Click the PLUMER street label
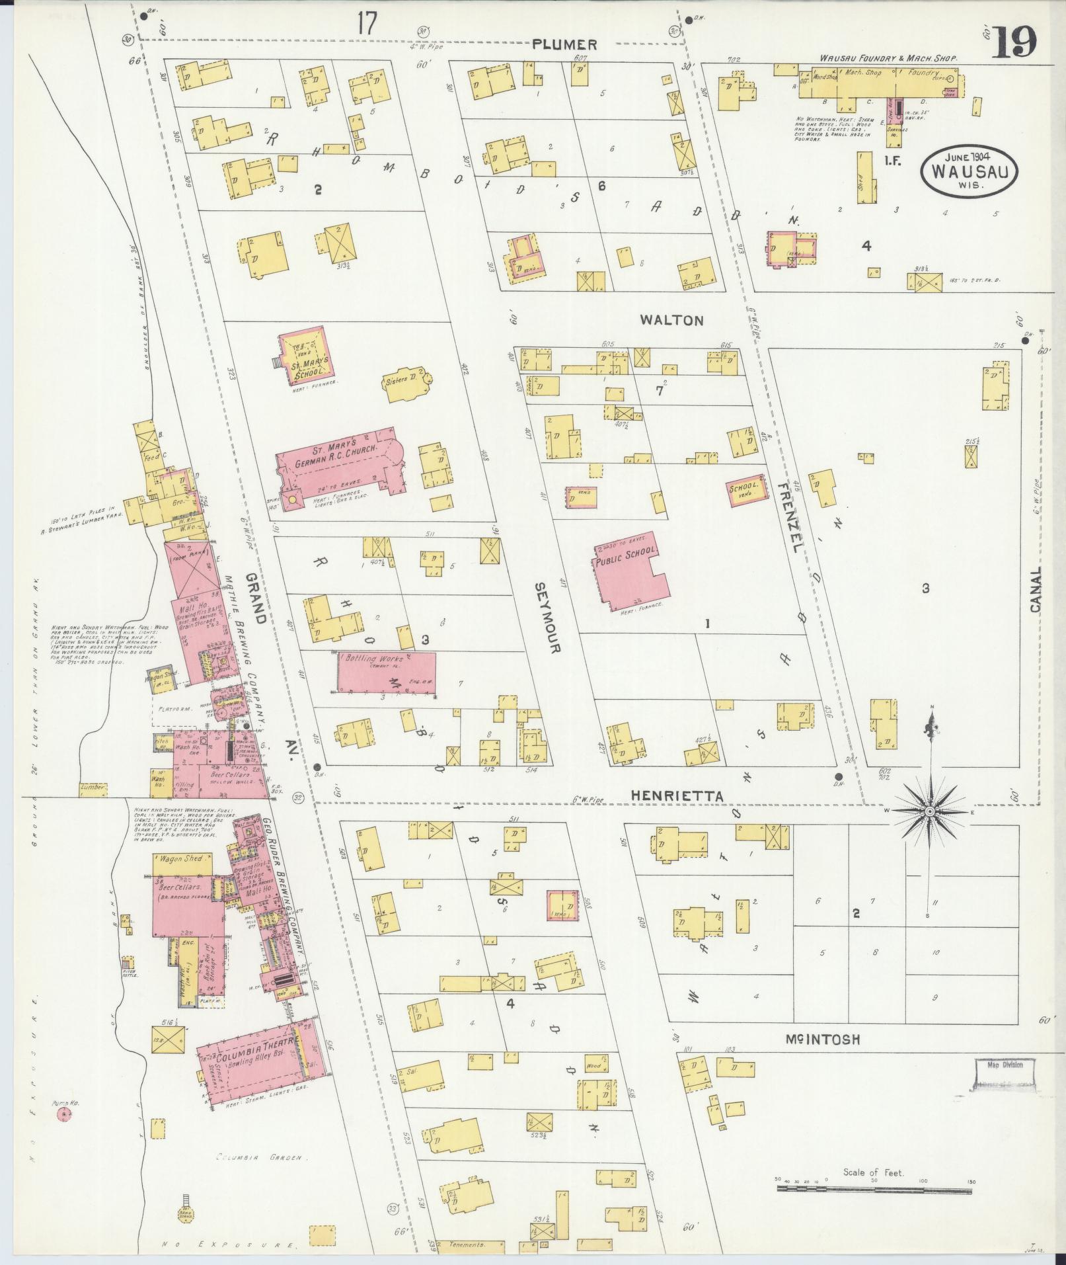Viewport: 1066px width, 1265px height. pyautogui.click(x=566, y=44)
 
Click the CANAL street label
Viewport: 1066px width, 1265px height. pyautogui.click(x=1035, y=589)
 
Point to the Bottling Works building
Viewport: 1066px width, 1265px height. pyautogui.click(x=387, y=673)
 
